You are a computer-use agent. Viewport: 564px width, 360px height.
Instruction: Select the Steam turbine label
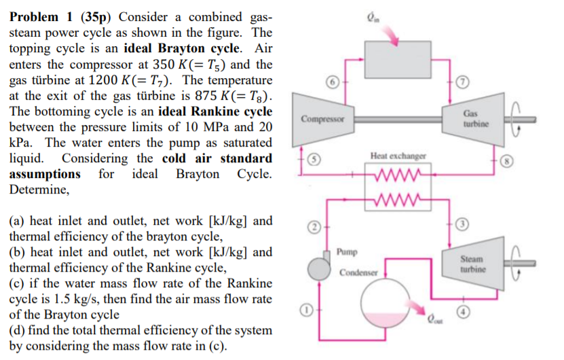[x=472, y=264]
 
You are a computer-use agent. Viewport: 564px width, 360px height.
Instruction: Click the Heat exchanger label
[x=398, y=156]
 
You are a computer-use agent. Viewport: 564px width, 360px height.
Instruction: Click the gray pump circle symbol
[x=318, y=270]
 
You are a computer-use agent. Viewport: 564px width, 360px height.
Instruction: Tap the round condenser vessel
[x=382, y=300]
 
